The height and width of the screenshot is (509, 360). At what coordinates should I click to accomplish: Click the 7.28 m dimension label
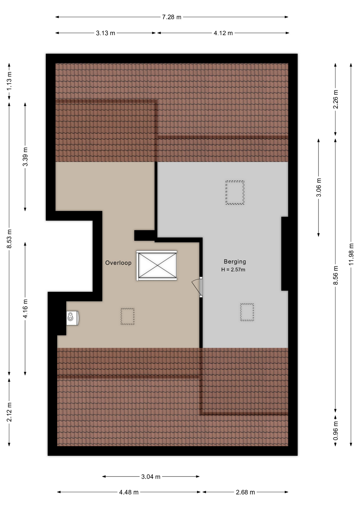pos(172,17)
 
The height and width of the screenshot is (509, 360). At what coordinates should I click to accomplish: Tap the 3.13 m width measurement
pos(106,33)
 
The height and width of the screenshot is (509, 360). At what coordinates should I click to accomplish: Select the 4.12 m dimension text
pos(223,33)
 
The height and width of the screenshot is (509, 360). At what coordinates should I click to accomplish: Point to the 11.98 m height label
pos(351,254)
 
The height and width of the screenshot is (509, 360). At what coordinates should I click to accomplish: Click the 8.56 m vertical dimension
pos(336,275)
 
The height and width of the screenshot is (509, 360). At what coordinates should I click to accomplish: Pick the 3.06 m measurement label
pos(319,187)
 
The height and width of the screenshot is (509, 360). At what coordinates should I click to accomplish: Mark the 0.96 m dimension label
pos(336,430)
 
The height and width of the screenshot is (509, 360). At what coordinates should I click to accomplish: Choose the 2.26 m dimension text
pos(336,99)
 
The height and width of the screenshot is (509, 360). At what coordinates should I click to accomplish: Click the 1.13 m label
pos(9,81)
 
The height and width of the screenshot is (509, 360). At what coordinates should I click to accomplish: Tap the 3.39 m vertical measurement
pos(25,157)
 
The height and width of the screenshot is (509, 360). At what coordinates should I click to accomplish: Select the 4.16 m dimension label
pos(25,309)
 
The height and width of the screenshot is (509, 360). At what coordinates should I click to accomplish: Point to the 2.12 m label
pos(9,412)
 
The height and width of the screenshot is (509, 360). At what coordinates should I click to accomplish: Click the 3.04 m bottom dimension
pos(151,477)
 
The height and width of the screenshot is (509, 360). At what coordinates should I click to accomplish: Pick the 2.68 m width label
pos(245,492)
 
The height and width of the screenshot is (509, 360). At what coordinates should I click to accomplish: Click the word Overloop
pos(118,263)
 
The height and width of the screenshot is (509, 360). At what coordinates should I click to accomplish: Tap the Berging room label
pos(235,262)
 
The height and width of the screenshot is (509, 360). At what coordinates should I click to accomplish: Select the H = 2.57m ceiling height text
pos(233,270)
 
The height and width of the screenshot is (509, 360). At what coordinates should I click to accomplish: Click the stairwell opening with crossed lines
pos(157,265)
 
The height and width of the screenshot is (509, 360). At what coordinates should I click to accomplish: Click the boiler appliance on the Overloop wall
pos(72,318)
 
